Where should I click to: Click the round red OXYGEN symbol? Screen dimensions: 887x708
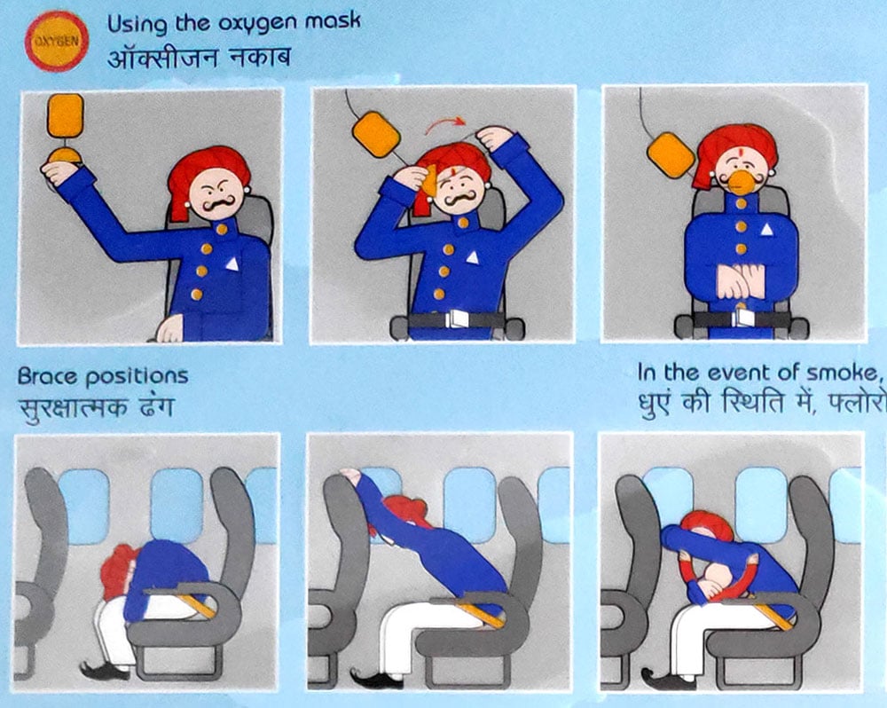pos(57,42)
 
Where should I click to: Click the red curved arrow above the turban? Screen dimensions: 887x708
pos(444,124)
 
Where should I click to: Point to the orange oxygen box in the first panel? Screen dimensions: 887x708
pos(66,116)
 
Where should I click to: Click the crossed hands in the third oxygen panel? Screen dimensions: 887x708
pos(741,282)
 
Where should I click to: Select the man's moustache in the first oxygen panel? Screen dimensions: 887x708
pos(219,203)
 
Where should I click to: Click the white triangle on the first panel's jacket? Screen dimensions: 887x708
pos(232,264)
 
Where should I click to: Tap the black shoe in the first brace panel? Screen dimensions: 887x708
pos(103,670)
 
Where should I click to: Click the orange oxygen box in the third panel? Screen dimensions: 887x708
pos(671,154)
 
